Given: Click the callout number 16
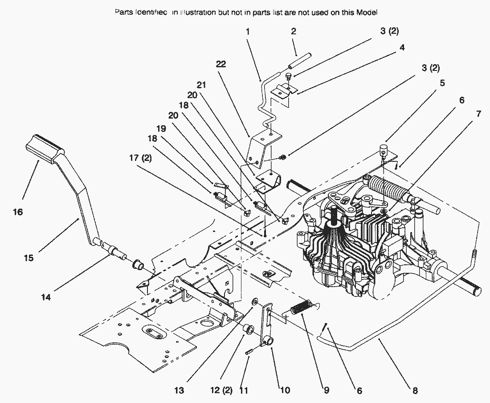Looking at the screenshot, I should tap(17, 212).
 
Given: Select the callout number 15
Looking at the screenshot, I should tap(29, 258).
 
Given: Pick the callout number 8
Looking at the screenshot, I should tap(415, 391).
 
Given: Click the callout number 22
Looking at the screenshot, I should tap(221, 65).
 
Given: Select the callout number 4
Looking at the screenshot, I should tap(402, 47).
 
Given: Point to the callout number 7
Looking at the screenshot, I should tap(478, 114).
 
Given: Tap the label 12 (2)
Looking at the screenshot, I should tap(221, 390).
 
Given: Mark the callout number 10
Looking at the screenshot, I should tap(285, 391).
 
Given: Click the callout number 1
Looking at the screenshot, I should tap(248, 32).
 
